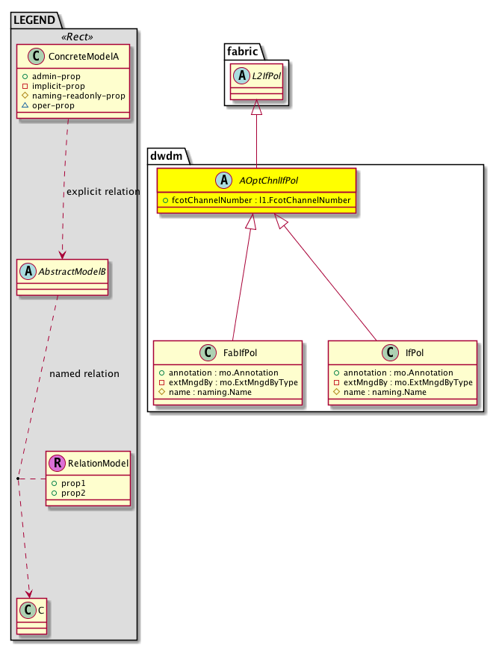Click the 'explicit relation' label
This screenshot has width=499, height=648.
[103, 192]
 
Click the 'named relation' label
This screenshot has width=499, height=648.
[84, 374]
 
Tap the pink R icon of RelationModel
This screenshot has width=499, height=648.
[56, 464]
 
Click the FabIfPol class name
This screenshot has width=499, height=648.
[238, 352]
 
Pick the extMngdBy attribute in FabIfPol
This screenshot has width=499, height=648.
[229, 382]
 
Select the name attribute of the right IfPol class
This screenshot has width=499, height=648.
[384, 392]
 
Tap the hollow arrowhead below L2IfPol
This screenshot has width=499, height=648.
[256, 108]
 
